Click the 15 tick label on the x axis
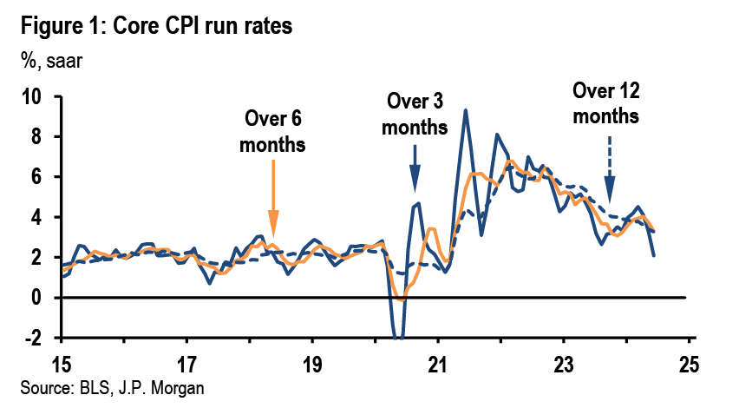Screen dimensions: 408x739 click(61, 361)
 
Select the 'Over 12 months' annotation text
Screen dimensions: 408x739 click(606, 102)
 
